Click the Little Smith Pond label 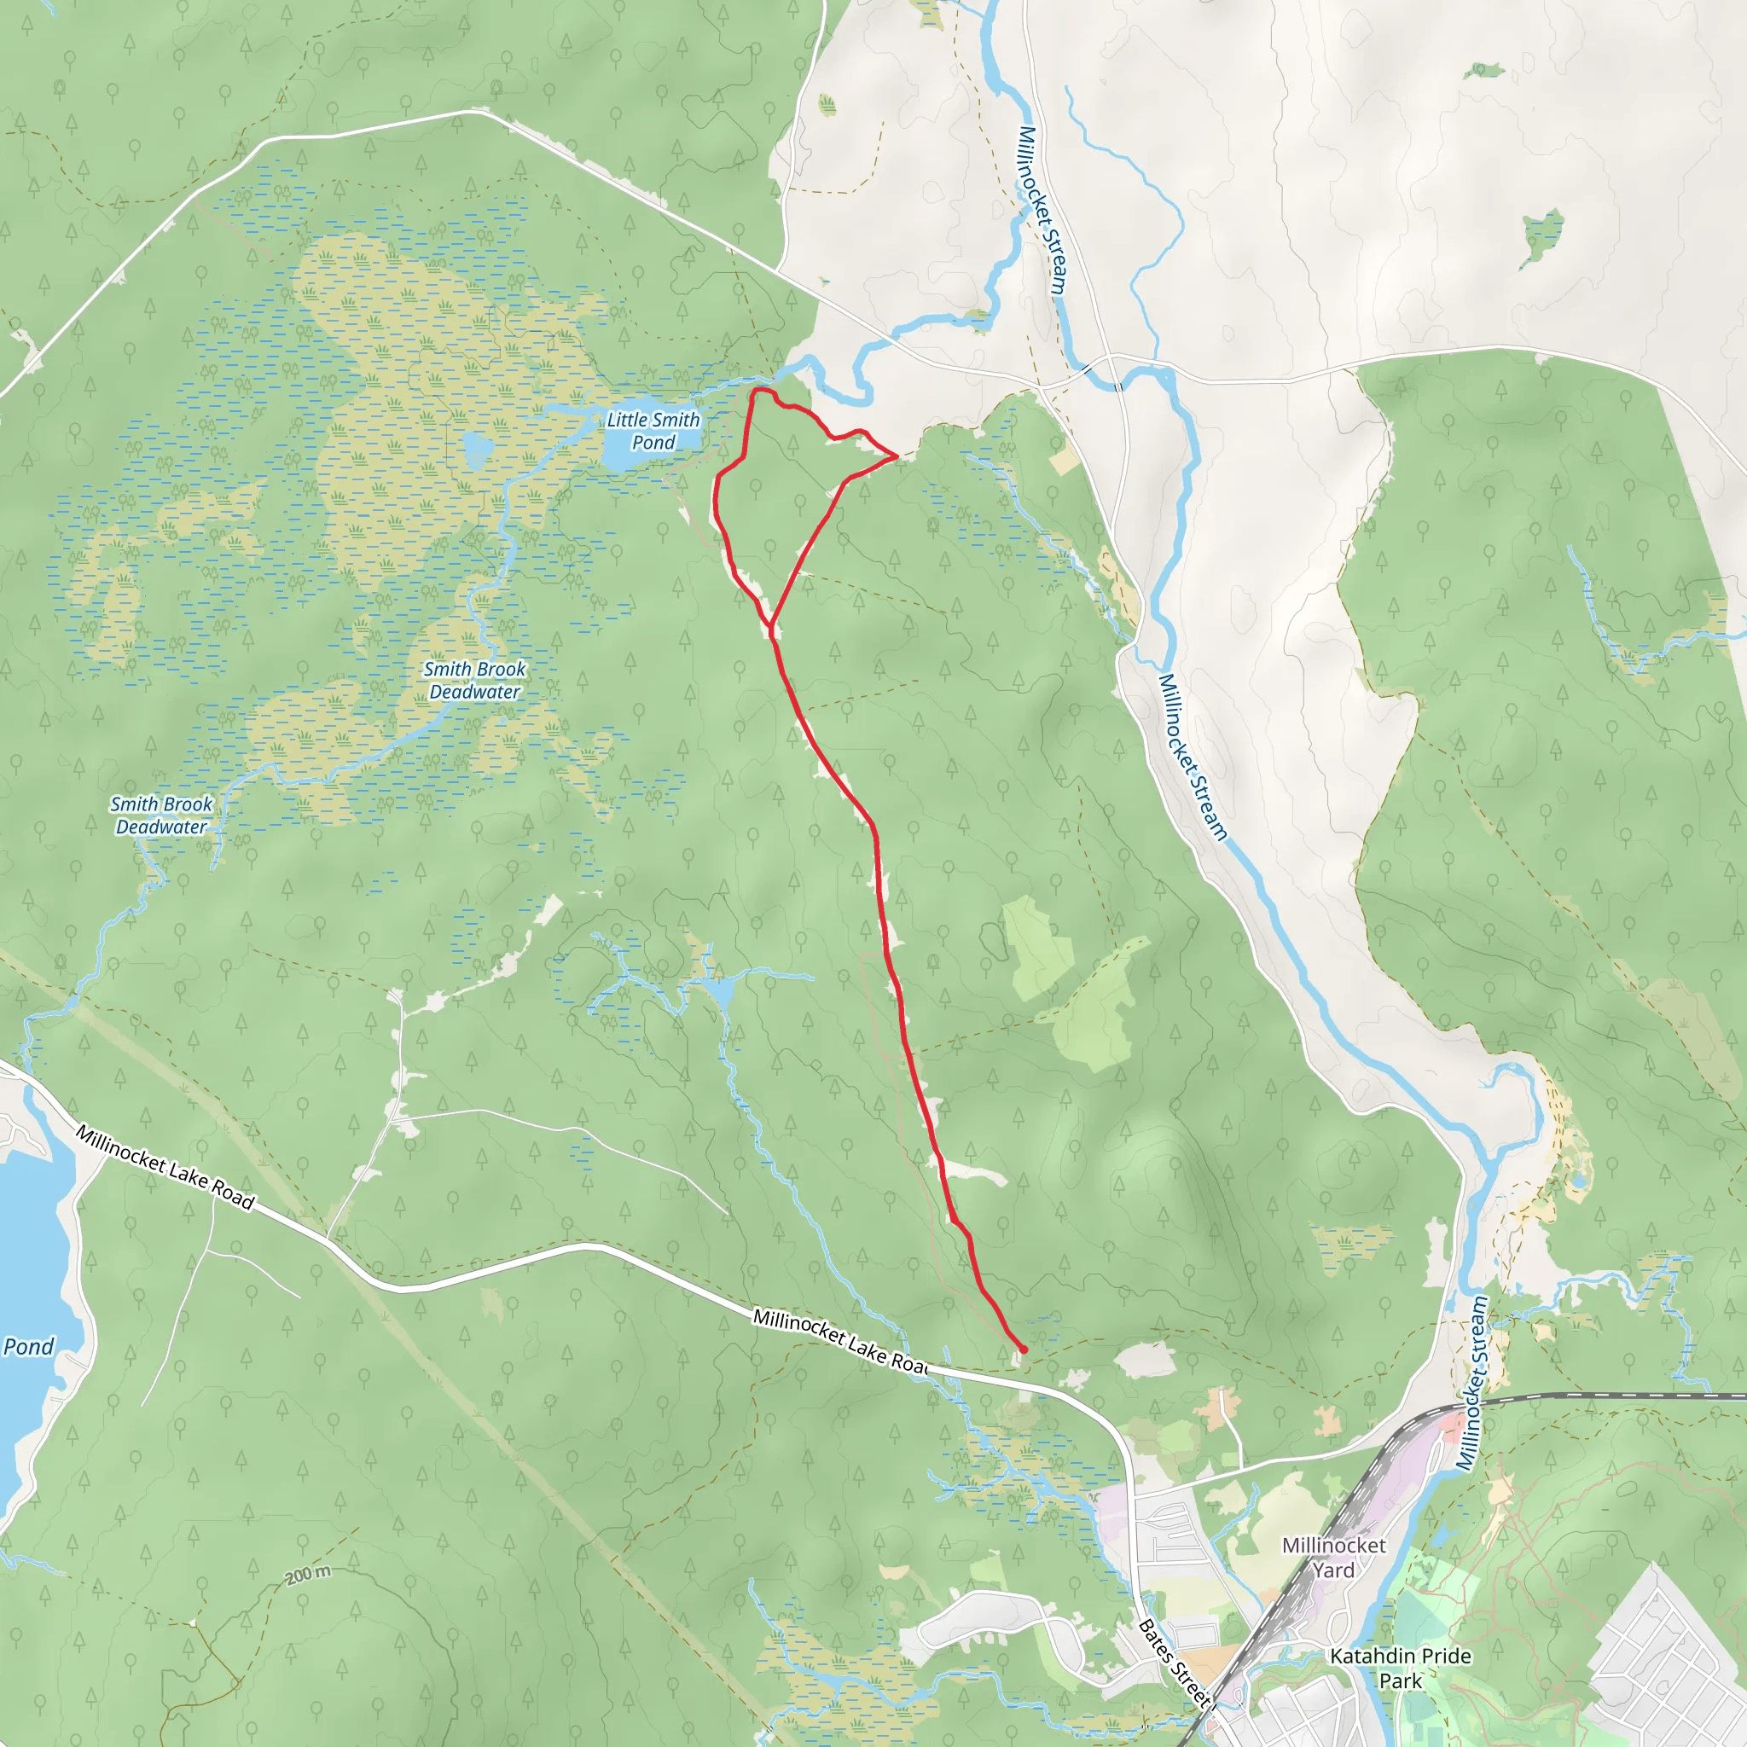(x=652, y=431)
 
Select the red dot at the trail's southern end (x=1024, y=1350)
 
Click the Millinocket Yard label (x=1334, y=1557)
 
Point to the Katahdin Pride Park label (x=1400, y=1669)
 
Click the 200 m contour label (x=308, y=1575)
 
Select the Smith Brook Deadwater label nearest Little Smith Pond (x=475, y=680)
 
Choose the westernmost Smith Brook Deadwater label (x=162, y=815)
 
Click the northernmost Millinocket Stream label (x=1042, y=210)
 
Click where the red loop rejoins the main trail (x=770, y=624)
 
